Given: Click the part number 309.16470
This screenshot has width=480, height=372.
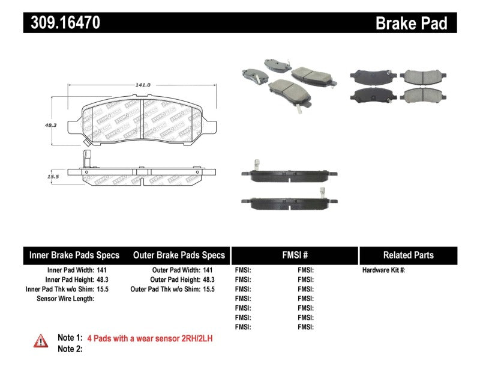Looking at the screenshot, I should [x=62, y=23].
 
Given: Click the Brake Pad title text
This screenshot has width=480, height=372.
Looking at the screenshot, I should [x=412, y=23].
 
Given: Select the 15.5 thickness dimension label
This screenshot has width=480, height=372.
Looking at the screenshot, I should [x=52, y=177].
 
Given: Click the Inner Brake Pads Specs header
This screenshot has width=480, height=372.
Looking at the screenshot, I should [x=74, y=255].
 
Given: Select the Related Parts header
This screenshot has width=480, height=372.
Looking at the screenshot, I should [x=408, y=255].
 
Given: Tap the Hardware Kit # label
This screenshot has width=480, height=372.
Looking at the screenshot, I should [x=384, y=270].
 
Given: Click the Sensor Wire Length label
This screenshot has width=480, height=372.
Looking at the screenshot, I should [x=65, y=299].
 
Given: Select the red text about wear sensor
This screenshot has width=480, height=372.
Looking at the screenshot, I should [x=150, y=338].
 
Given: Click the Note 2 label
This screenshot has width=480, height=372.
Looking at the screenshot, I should [x=70, y=349].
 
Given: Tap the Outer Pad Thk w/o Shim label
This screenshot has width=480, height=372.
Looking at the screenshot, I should [x=166, y=289].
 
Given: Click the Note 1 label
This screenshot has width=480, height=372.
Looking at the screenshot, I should [x=70, y=338].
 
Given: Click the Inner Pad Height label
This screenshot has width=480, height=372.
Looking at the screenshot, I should [x=69, y=279].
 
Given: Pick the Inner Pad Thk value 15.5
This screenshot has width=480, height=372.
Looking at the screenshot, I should [x=103, y=289].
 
